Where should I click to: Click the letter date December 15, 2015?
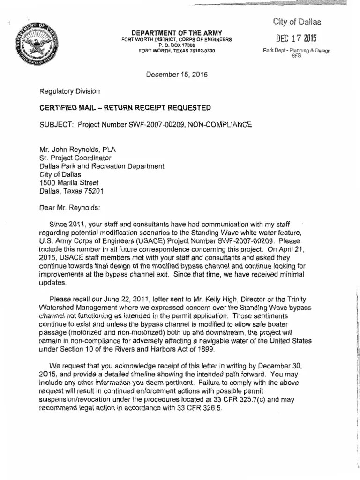[x=177, y=74]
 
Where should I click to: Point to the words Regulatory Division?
[x=70, y=91]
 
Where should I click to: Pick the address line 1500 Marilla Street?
[x=69, y=182]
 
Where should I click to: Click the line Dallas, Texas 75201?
[x=72, y=191]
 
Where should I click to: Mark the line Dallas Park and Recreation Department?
[x=102, y=166]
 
